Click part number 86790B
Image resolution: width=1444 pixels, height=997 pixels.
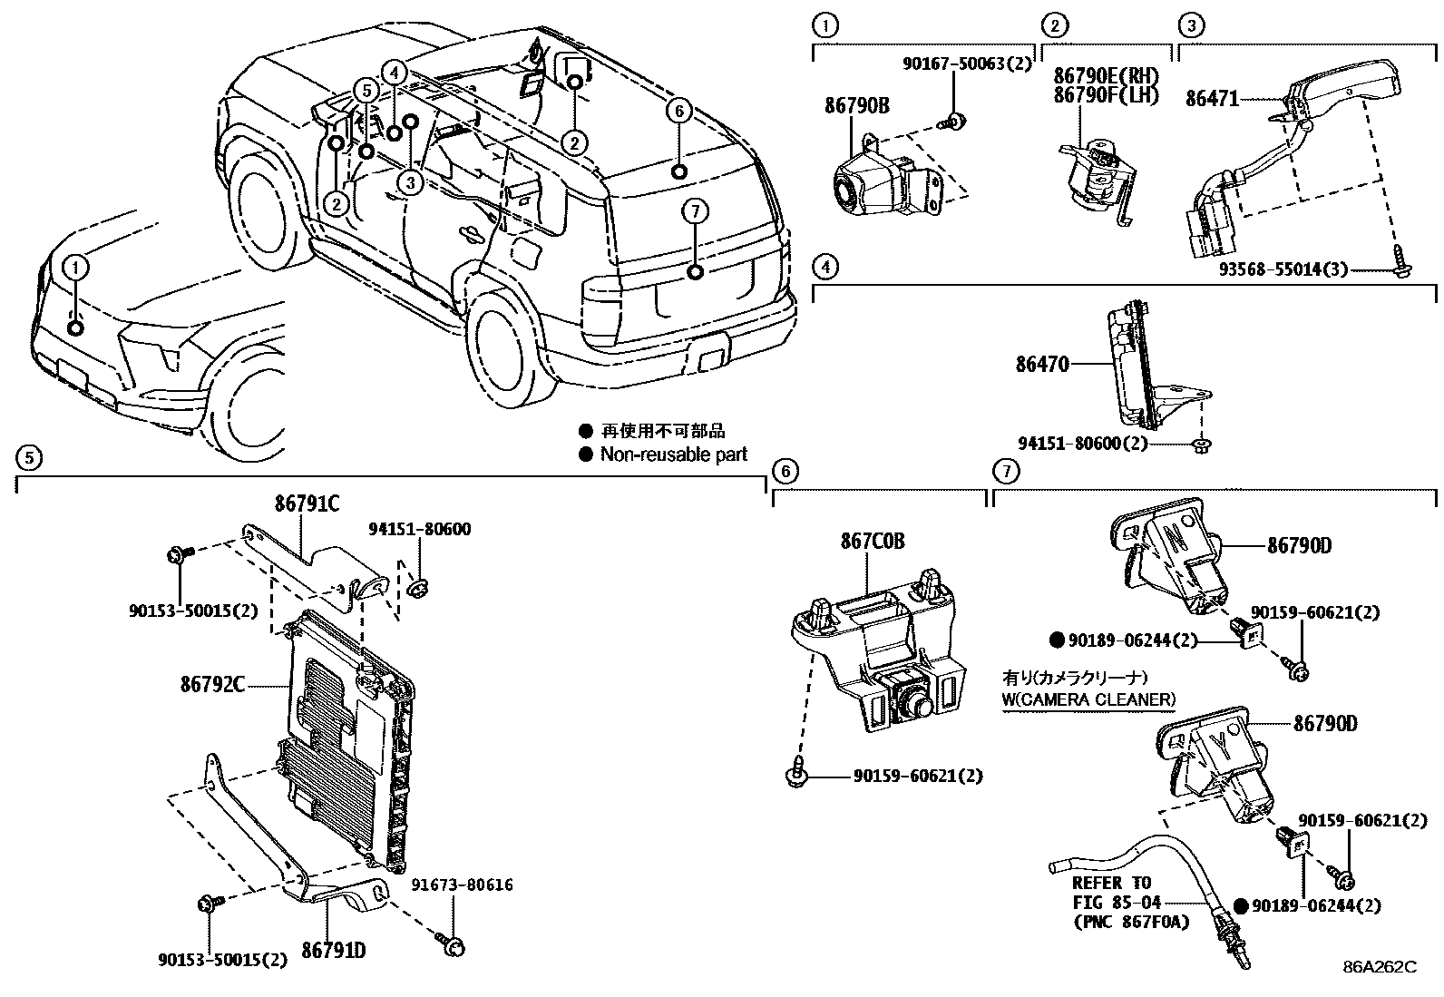pos(856,106)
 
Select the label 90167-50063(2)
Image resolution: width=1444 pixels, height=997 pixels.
pos(968,64)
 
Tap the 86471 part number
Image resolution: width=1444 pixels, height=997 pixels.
pos(1211,99)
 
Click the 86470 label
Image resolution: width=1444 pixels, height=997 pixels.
pos(1042,365)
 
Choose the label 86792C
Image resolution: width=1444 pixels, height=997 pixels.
pos(211,685)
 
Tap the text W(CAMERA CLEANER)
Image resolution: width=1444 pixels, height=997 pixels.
pos(1088,699)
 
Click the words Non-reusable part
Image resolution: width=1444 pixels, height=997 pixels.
pos(674,455)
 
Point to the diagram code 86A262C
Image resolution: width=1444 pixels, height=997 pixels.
pos(1380,967)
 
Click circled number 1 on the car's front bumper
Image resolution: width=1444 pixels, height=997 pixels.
pos(76,267)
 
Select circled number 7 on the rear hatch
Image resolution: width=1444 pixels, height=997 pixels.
pos(694,211)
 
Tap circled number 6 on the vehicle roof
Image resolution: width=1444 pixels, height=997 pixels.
pos(678,112)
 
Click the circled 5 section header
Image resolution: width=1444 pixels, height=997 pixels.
pos(28,457)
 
